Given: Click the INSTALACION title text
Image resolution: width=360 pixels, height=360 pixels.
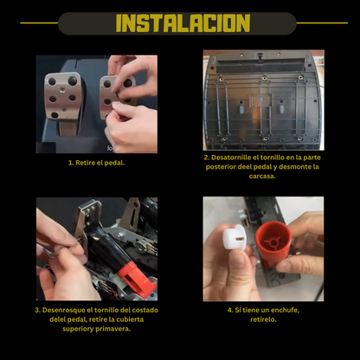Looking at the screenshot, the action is [183, 22].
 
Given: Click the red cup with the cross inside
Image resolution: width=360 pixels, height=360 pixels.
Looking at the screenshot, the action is [273, 241].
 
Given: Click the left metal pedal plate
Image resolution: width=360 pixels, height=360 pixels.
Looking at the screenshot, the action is [63, 96].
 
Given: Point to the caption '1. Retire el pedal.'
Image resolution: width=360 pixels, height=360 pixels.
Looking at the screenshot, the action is [96, 163].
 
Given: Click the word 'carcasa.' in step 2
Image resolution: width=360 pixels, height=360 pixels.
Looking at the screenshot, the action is [262, 176].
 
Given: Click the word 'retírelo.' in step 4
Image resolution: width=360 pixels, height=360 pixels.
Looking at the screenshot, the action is [263, 319].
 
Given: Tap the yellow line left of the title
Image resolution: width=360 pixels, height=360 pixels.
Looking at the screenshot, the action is [39, 22].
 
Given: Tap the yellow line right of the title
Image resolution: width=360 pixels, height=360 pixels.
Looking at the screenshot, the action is [322, 22].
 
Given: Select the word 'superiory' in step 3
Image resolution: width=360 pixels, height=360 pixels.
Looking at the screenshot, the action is [78, 329].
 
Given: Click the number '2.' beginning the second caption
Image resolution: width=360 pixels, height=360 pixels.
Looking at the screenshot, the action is [207, 157].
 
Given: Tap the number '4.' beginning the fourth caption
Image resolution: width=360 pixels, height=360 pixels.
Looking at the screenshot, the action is [230, 310].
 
